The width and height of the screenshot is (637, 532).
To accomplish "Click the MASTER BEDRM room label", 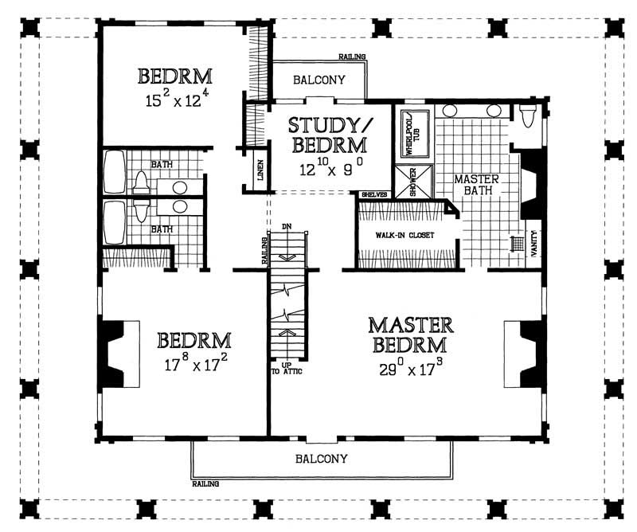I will coord(411,335).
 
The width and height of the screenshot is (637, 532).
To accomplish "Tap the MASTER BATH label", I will coord(476,185).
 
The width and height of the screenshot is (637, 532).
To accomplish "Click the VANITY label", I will coord(533,242).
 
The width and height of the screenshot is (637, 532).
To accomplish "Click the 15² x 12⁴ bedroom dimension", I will coord(174,101).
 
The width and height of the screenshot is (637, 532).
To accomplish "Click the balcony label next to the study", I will coord(318,80).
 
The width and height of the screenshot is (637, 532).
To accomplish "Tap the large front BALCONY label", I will coord(322,459).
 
